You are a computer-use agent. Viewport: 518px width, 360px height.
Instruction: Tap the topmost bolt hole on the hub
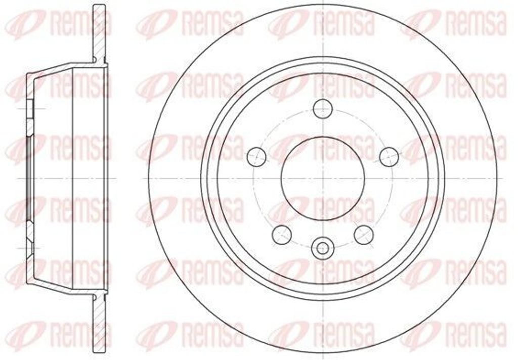pyautogui.click(x=322, y=107)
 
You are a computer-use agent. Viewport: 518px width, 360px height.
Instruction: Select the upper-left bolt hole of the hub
pyautogui.click(x=257, y=156)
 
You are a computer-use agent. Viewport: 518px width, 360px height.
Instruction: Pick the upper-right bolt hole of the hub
pyautogui.click(x=388, y=156)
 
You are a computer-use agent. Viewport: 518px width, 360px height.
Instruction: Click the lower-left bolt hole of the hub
pyautogui.click(x=282, y=234)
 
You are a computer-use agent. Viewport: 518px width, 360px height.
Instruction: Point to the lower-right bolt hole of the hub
pyautogui.click(x=364, y=234)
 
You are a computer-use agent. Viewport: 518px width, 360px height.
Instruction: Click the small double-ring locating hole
pyautogui.click(x=322, y=247)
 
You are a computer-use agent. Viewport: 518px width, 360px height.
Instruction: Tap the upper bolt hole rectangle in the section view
pyautogui.click(x=30, y=109)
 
